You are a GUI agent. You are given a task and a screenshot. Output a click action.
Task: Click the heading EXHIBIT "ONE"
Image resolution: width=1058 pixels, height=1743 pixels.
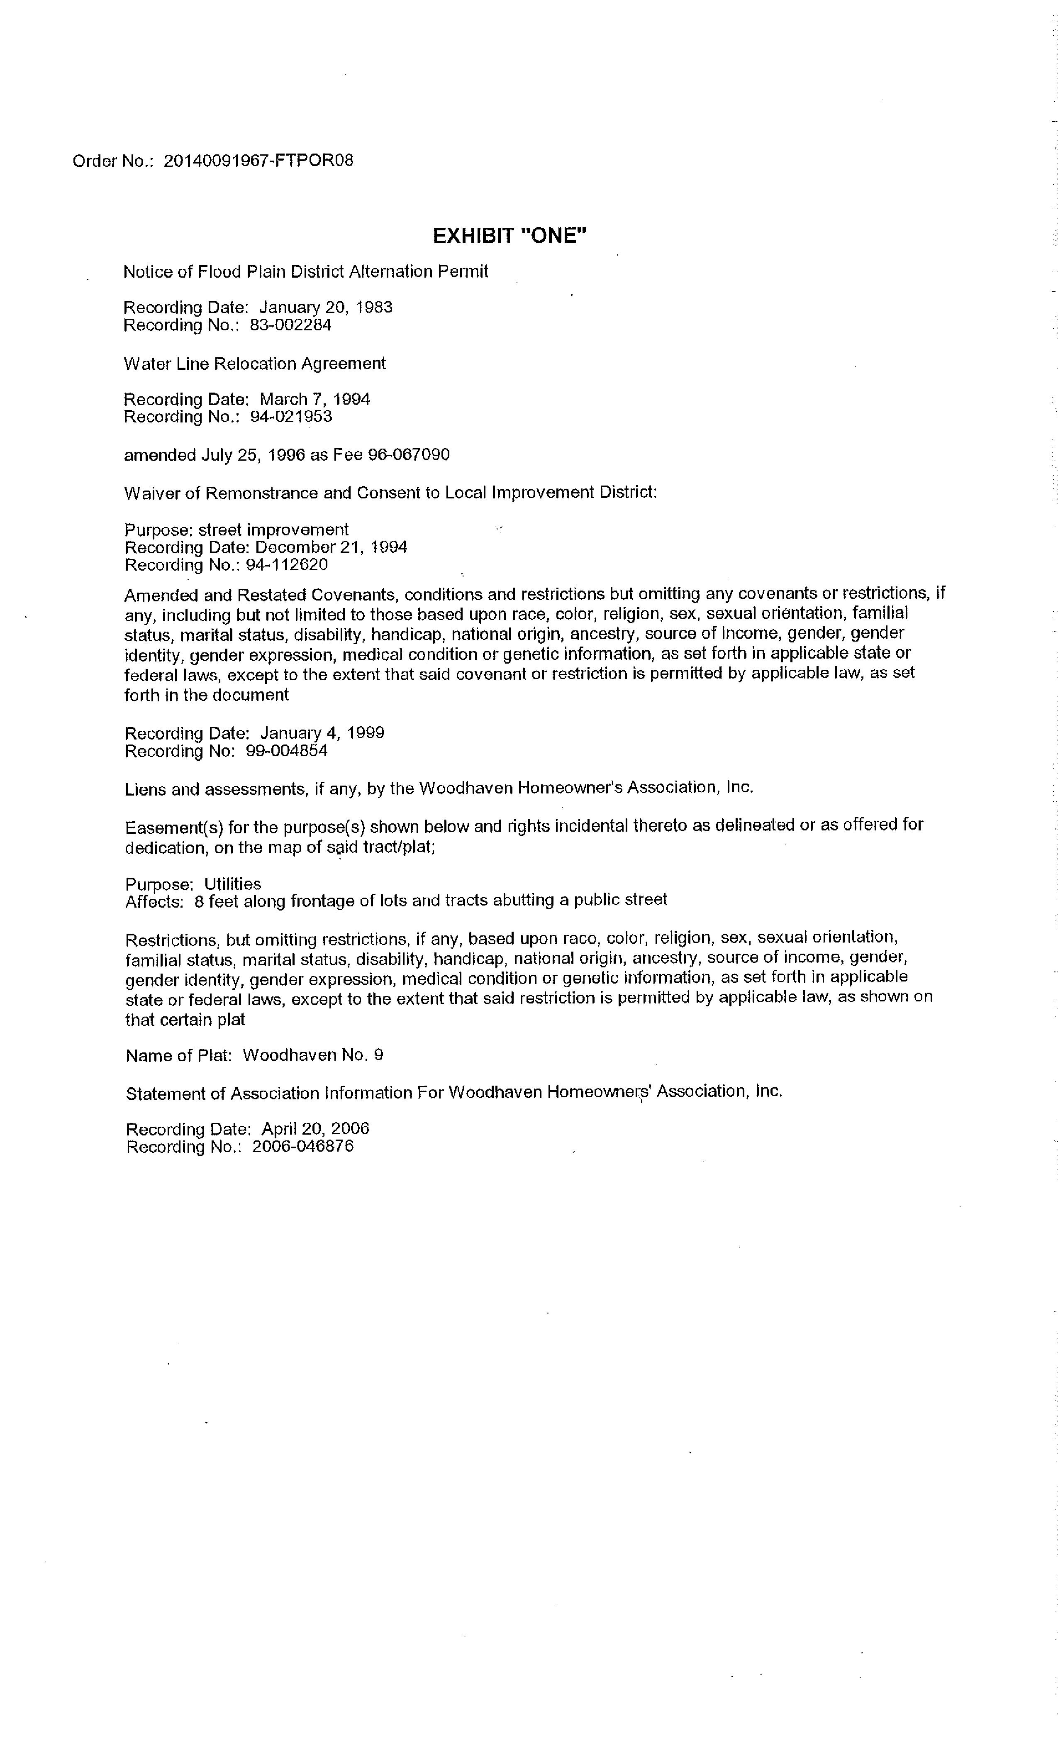(509, 236)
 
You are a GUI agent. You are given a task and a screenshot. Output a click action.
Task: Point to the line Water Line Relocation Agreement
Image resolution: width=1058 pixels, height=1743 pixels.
(255, 364)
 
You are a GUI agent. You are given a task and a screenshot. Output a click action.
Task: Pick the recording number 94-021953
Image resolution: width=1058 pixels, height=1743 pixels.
(291, 417)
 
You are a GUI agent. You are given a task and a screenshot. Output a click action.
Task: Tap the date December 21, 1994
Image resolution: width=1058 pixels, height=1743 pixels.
(331, 547)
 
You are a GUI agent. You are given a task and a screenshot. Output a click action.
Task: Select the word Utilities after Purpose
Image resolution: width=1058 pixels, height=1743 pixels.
(233, 884)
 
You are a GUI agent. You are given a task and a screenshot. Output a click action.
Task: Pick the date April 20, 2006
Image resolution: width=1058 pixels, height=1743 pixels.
(315, 1129)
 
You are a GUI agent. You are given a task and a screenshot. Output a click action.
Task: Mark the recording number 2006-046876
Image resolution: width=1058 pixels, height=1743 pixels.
(302, 1147)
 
